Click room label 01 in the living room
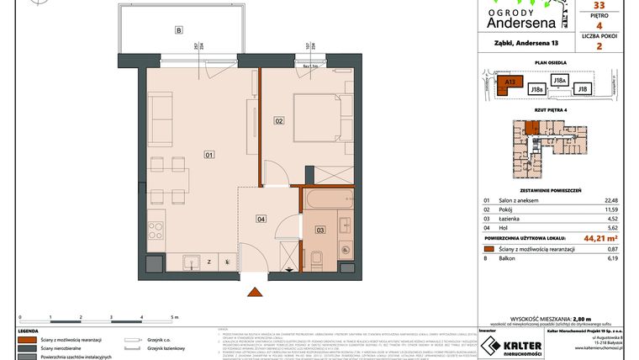[209, 154]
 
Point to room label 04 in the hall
[261, 220]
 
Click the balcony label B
[178, 31]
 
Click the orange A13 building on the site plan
[508, 83]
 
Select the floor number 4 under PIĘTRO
[599, 26]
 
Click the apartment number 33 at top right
[599, 5]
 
